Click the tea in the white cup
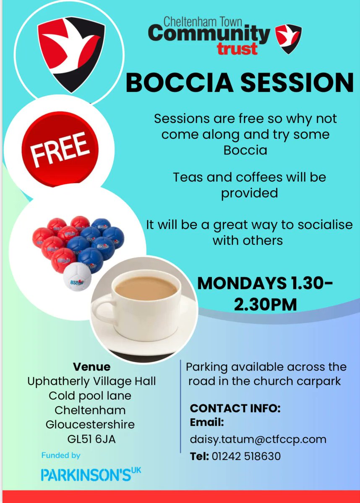[145, 288]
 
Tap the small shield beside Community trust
[289, 39]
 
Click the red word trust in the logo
[237, 49]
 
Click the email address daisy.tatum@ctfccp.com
[258, 439]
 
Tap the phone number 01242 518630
[245, 456]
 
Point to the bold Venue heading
[91, 367]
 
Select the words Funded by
[61, 455]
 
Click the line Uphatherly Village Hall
[91, 381]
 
